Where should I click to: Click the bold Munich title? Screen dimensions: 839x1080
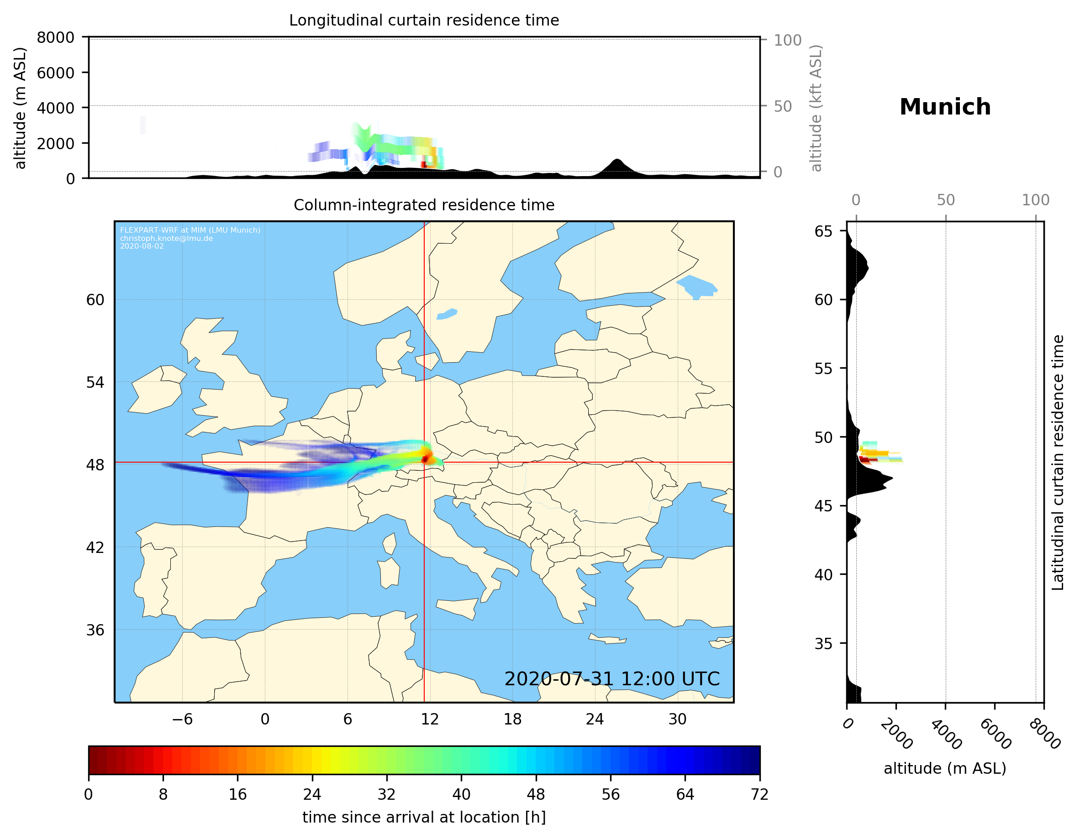click(x=944, y=107)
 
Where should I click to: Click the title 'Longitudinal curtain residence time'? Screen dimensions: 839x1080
click(x=424, y=20)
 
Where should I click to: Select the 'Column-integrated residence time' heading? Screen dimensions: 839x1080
click(x=424, y=205)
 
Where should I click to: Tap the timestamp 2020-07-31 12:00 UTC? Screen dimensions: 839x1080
click(x=612, y=679)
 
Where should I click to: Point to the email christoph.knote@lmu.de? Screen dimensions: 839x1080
click(x=166, y=238)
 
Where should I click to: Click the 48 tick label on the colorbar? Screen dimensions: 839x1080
click(x=536, y=795)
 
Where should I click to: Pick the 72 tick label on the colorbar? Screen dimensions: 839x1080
click(x=759, y=795)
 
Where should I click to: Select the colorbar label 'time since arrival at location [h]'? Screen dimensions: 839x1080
click(x=424, y=817)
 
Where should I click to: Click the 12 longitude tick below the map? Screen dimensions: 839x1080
click(x=430, y=719)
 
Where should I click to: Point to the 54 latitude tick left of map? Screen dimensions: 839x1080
click(x=95, y=382)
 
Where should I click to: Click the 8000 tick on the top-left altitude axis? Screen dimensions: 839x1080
click(x=55, y=37)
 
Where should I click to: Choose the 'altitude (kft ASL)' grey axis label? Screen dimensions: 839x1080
click(x=816, y=108)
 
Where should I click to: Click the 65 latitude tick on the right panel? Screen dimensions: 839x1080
click(x=823, y=231)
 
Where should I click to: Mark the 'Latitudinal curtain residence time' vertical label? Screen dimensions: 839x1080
click(x=1057, y=463)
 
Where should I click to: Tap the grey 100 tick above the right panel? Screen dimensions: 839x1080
click(x=1036, y=200)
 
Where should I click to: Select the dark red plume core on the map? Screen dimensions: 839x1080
click(x=425, y=459)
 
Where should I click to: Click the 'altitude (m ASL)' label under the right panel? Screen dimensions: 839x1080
click(x=944, y=768)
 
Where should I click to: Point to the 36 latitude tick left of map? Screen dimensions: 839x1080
click(x=95, y=630)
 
